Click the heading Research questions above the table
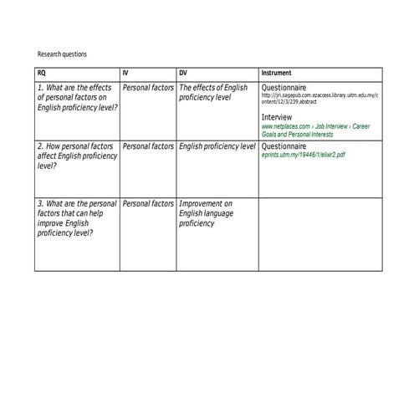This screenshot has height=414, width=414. [62, 54]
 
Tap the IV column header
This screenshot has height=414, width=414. [125, 73]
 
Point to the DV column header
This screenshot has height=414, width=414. [183, 73]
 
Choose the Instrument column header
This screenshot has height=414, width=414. [277, 73]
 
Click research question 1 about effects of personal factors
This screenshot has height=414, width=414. [77, 97]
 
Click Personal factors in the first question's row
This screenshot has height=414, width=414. [148, 87]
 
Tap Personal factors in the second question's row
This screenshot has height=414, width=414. [148, 146]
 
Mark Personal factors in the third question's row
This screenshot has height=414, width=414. [148, 203]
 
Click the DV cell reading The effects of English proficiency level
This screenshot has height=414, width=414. [213, 92]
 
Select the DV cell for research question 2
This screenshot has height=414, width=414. [217, 146]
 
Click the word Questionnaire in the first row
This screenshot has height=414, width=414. [284, 87]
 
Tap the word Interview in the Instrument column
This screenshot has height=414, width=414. [277, 116]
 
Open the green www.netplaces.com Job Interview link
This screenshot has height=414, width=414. [315, 130]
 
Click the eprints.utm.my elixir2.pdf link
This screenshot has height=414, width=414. [303, 156]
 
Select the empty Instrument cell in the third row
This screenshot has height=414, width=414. [319, 234]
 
